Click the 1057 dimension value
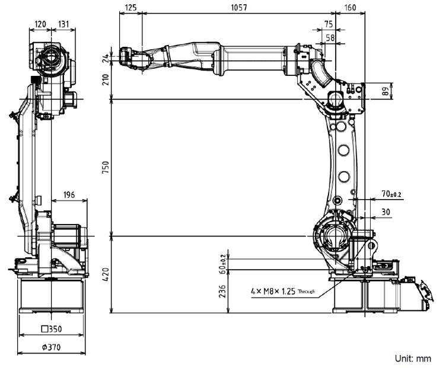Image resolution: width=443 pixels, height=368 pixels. coord(239,8)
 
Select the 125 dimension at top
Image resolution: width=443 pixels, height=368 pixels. coord(130,8)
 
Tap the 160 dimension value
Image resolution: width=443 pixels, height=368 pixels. coord(350,8)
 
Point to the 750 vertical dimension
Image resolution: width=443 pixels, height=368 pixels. coord(105,167)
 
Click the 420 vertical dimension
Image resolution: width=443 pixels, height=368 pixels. coord(105,274)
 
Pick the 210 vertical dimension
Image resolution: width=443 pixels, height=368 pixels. coord(105,80)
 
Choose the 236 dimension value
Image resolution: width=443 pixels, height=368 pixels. coord(222,291)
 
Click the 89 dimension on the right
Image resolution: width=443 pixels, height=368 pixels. coord(385,91)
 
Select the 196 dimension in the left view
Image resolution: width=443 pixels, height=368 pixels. coord(69,195)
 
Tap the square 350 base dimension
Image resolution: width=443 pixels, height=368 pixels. coord(52,329)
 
